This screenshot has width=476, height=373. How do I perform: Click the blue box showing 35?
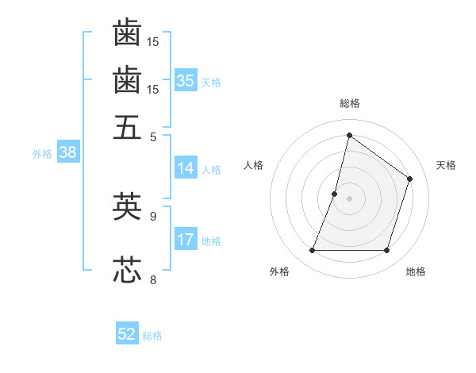pos(186,80)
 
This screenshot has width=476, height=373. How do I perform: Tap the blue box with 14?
pos(186,168)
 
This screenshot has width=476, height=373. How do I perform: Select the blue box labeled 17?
pos(186,240)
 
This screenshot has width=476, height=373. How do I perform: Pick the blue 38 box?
pos(67,153)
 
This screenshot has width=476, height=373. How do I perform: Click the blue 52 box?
pos(127,334)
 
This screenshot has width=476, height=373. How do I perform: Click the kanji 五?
pos(127,127)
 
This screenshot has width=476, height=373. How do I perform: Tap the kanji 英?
pos(127,206)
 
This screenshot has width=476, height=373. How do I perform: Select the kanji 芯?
pos(127,270)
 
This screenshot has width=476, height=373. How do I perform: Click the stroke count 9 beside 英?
pos(153,215)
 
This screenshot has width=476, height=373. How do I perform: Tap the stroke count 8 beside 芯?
pos(153,279)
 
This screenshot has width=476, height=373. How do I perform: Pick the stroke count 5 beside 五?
pos(153,137)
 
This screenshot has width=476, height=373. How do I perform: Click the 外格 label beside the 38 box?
pos(41,155)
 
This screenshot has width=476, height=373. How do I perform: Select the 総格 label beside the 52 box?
pos(152,336)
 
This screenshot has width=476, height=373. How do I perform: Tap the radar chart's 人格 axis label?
pos(254,165)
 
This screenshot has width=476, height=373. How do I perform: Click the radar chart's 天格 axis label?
pos(446,165)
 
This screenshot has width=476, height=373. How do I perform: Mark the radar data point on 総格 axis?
pos(349,136)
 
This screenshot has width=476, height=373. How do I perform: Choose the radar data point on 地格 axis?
pos(386,251)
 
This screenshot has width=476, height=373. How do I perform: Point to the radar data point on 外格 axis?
pos(312,251)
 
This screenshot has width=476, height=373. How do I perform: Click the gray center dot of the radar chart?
pos(349,198)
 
